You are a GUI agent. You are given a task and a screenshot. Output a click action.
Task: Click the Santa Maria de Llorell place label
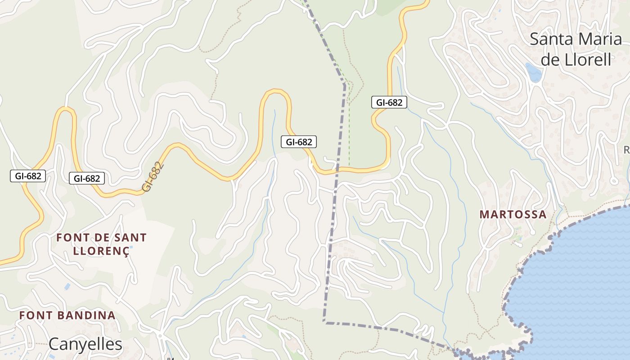click(576, 49)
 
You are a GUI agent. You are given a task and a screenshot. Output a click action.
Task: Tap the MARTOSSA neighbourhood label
click(513, 215)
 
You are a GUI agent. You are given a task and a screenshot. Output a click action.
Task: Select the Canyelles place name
click(85, 344)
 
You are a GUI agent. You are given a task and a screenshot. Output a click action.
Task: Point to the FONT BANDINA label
click(67, 315)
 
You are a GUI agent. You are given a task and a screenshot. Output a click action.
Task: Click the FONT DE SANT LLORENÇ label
click(101, 244)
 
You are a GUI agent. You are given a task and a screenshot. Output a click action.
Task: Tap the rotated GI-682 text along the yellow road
click(153, 177)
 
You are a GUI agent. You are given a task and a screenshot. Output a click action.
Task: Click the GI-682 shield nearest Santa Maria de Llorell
click(389, 103)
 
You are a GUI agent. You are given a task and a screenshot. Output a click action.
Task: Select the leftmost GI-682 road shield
click(28, 176)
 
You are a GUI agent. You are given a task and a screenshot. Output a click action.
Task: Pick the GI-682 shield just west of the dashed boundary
click(299, 142)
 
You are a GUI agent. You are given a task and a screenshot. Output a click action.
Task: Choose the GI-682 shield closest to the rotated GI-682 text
click(87, 179)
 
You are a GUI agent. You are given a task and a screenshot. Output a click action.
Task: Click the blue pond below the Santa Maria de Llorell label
click(534, 73)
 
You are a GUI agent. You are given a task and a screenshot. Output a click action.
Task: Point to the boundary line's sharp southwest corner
click(324, 322)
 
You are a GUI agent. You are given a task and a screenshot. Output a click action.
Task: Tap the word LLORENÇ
click(101, 251)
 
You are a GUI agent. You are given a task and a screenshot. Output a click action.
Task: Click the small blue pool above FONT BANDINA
click(67, 286)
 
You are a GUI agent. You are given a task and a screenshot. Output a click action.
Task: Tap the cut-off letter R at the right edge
click(626, 149)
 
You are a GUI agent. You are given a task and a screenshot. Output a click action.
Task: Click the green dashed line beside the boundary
click(349, 135)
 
